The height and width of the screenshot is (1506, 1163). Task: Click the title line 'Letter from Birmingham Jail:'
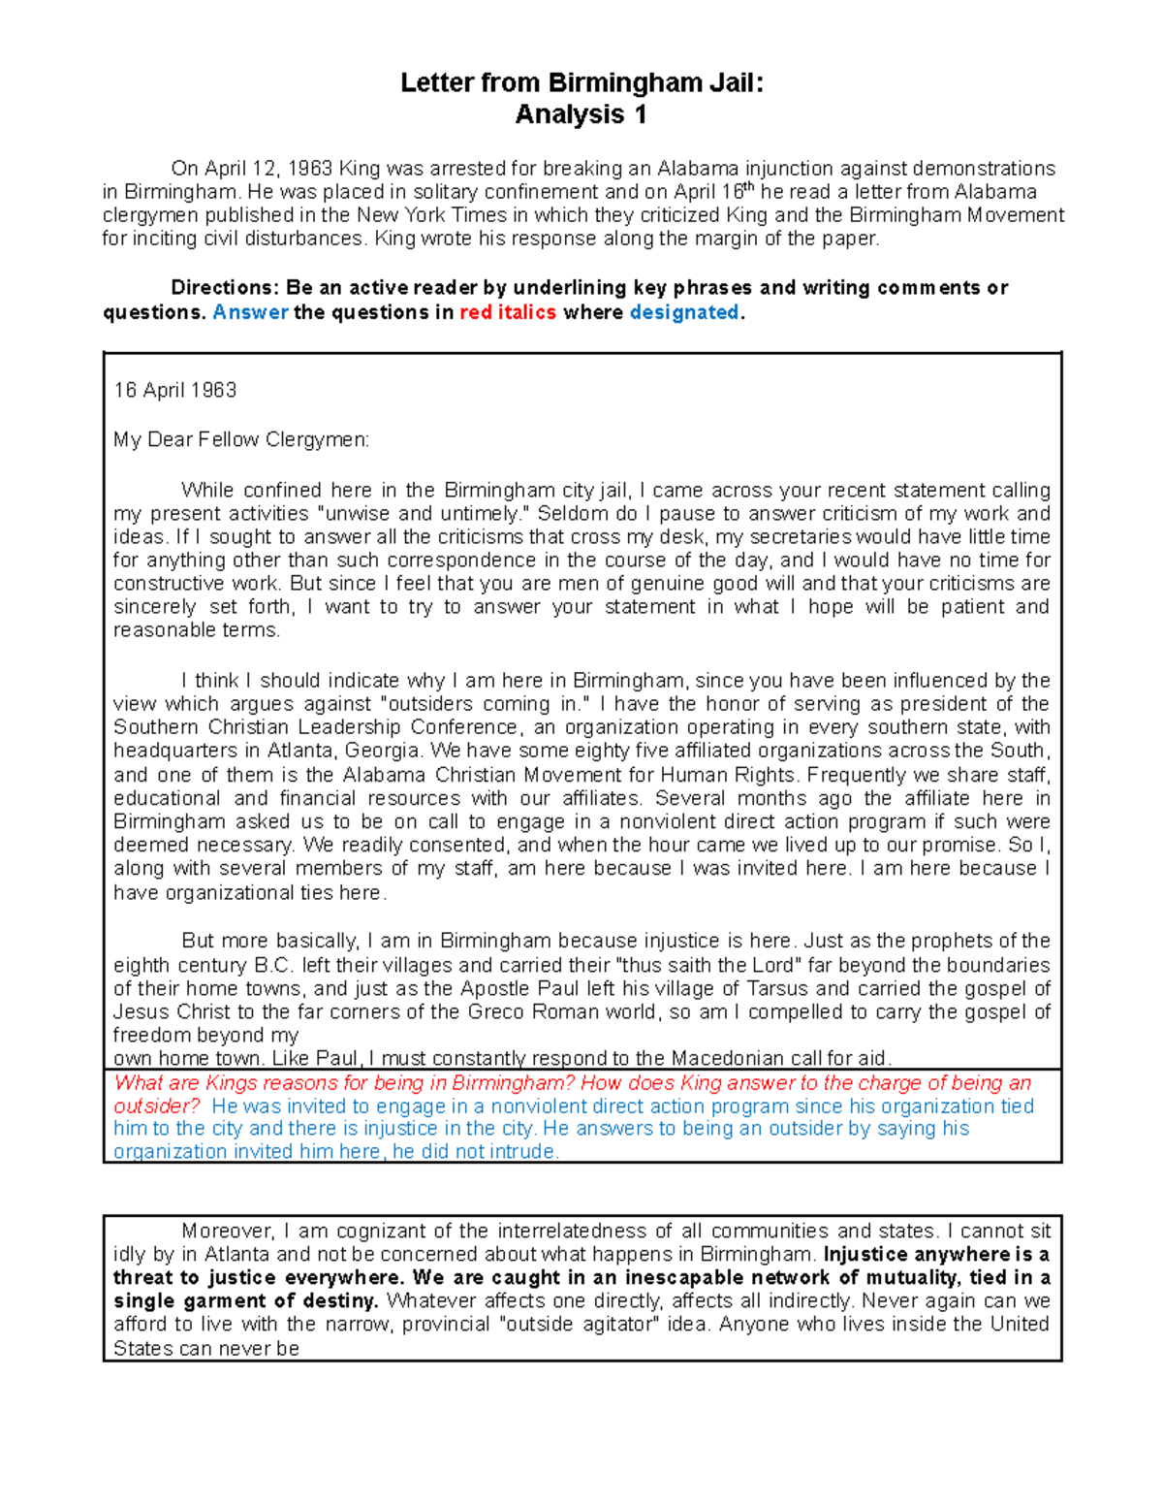581,83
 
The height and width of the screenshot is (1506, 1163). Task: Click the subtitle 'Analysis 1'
581,114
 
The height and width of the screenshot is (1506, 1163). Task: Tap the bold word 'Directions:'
225,288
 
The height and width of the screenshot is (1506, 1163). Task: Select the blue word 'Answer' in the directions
250,312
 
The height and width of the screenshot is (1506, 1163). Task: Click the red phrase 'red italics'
508,312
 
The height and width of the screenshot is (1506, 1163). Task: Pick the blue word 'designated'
684,312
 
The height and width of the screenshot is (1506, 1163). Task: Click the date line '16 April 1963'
174,390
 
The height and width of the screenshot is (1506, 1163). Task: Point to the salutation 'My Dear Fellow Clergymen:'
241,440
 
